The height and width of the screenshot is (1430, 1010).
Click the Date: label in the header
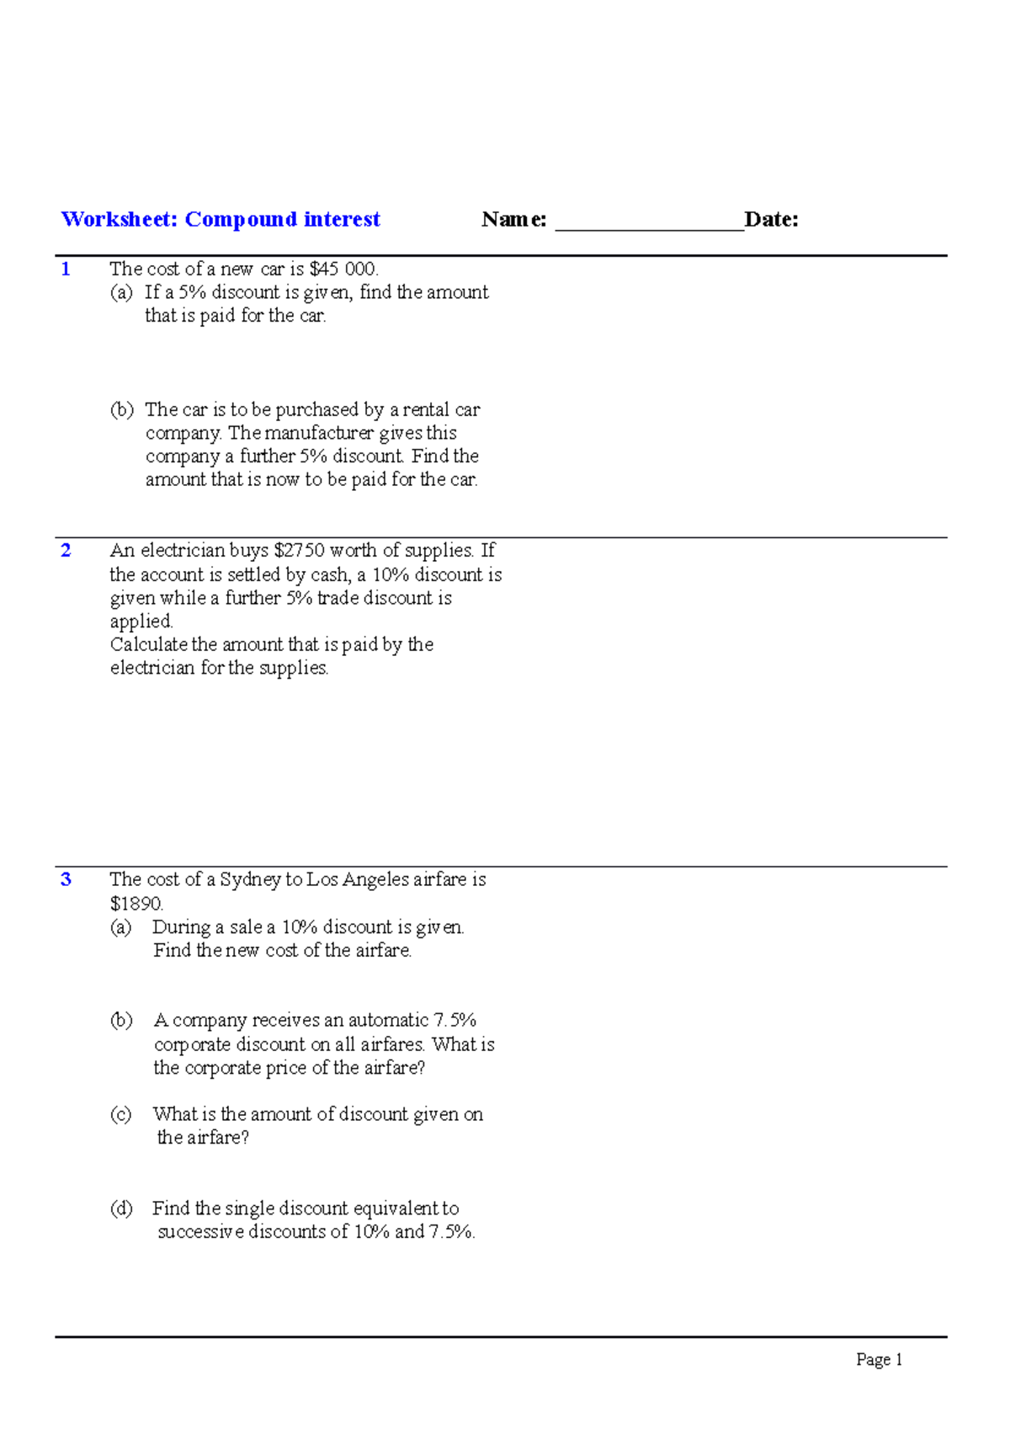tap(771, 220)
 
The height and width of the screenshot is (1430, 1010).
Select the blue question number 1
tap(66, 269)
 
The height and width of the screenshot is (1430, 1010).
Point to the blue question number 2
tap(66, 551)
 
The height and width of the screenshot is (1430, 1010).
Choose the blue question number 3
tap(66, 880)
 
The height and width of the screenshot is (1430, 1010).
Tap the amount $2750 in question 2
tap(299, 551)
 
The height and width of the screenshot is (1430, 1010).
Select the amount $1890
tap(136, 904)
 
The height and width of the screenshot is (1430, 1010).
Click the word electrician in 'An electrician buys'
tap(182, 551)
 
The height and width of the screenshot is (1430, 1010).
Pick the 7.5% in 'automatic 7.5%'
tap(454, 1021)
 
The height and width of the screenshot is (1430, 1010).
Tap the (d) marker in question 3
tap(121, 1209)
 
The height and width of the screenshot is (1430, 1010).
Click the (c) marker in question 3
tap(121, 1114)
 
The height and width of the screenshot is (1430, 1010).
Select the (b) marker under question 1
tap(122, 410)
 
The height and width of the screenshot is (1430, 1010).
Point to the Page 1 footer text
tap(879, 1359)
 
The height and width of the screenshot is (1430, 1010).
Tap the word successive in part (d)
tap(200, 1232)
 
